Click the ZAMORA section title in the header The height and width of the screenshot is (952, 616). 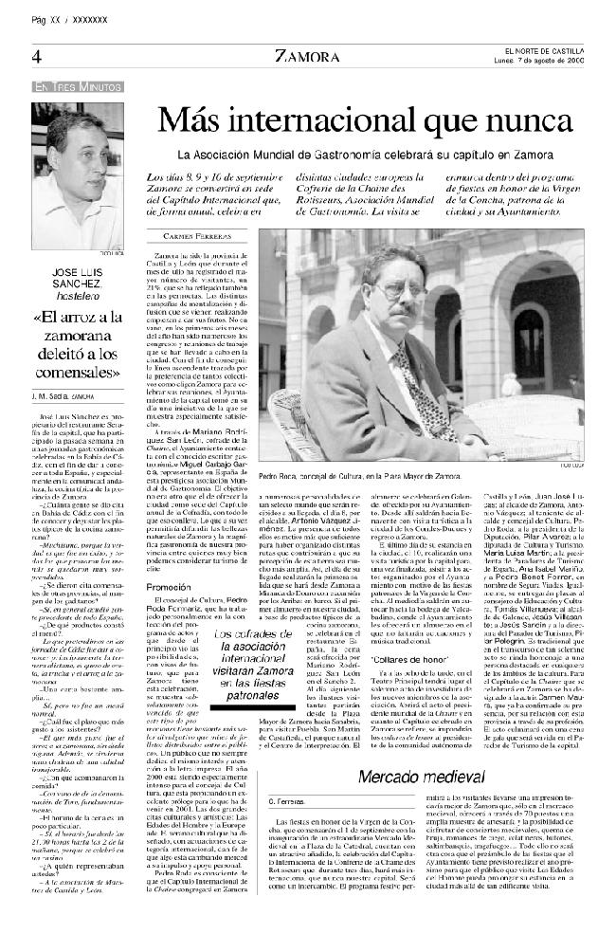click(x=302, y=56)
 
